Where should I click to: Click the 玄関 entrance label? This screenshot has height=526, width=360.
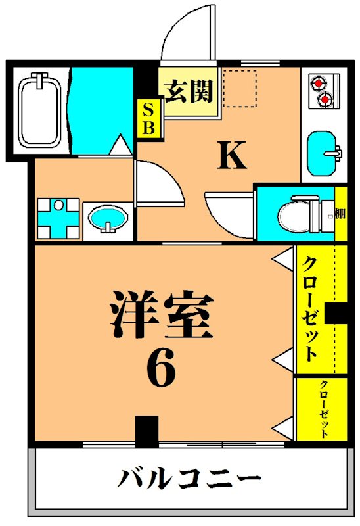click(189, 92)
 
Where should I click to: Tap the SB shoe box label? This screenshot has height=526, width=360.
click(148, 118)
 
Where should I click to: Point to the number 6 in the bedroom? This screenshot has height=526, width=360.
click(161, 370)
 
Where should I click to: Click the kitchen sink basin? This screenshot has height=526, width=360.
click(323, 153)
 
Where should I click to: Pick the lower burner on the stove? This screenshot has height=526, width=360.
click(323, 99)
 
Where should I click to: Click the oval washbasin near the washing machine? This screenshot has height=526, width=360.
click(107, 218)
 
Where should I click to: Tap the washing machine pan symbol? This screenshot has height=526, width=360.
click(58, 218)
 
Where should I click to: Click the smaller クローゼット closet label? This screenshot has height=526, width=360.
click(324, 408)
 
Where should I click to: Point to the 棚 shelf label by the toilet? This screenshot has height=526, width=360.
click(340, 214)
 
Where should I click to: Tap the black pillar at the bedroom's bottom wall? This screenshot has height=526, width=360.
click(147, 431)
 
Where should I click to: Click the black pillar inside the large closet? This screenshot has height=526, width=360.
click(338, 314)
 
